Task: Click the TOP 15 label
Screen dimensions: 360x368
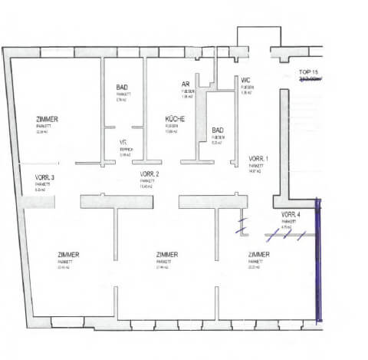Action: coord(310,71)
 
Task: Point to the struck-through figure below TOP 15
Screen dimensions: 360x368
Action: coord(311,78)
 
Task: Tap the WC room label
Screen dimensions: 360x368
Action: coord(245,81)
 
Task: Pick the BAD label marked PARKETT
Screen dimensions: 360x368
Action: coord(122,88)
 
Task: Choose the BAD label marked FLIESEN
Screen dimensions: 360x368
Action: coord(218,130)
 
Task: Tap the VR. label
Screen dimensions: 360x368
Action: coord(123,143)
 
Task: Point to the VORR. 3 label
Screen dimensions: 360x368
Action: coord(44,178)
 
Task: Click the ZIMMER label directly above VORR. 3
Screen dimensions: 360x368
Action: coord(48,119)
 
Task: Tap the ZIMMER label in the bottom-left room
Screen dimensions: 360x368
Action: coord(69,254)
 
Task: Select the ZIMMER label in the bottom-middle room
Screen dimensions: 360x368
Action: coord(166,254)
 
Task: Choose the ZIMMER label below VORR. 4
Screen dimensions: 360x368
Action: coord(259,254)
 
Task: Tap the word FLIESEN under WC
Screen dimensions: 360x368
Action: coord(247,88)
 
